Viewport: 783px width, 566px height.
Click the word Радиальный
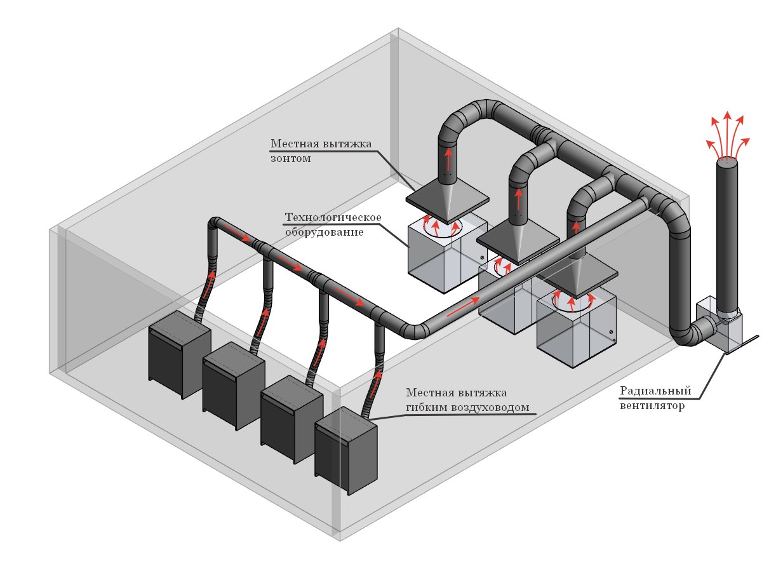click(x=655, y=391)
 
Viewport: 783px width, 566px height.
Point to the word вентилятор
click(x=652, y=406)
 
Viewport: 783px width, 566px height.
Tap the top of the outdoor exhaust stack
click(x=728, y=163)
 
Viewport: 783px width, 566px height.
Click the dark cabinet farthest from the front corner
click(x=178, y=353)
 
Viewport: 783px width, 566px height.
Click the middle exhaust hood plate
click(x=518, y=239)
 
